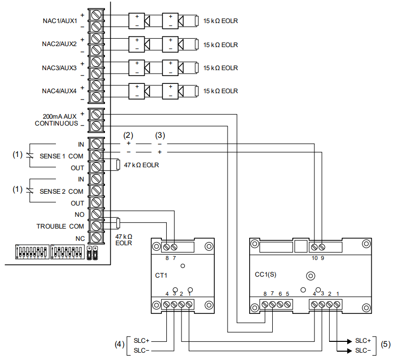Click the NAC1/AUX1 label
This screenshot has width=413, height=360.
(59, 21)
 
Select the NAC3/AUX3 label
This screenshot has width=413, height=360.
(59, 68)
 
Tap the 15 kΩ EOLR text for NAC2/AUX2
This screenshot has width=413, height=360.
(220, 45)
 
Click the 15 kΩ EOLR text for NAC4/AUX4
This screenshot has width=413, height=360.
(220, 91)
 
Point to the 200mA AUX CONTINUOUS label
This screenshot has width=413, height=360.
(56, 119)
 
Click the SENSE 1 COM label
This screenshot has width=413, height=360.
(62, 156)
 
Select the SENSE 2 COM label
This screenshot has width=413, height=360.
(62, 191)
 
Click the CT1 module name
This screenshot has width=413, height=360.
(161, 276)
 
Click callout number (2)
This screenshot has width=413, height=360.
(128, 135)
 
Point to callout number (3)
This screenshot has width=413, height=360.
(160, 135)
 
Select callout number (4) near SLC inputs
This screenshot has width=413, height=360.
(119, 345)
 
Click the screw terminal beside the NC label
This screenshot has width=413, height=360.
(97, 238)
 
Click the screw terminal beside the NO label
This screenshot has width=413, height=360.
(97, 215)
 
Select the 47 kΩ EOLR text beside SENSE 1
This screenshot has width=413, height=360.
(141, 165)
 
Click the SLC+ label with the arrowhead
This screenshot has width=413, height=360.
(363, 340)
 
